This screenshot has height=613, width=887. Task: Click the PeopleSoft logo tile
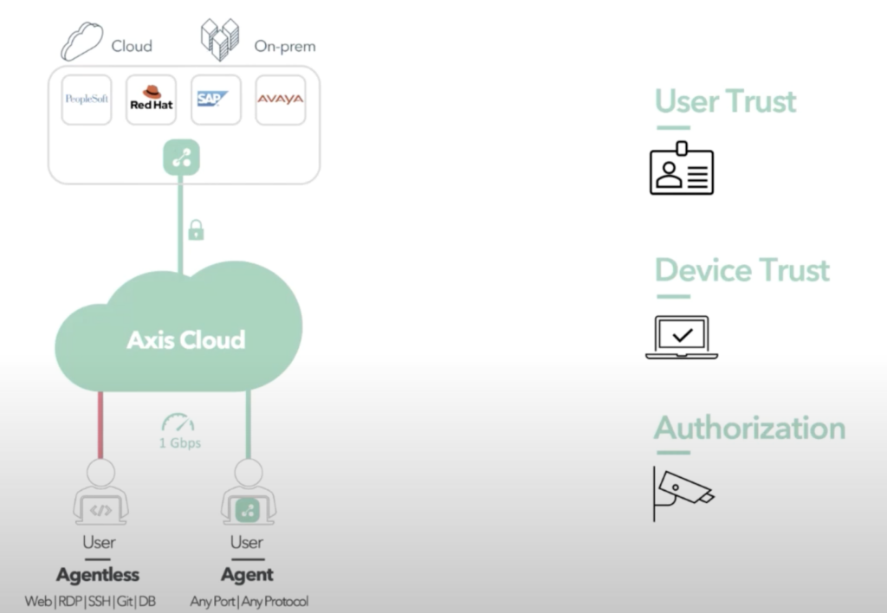click(x=87, y=100)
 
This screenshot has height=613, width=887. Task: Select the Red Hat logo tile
click(x=151, y=100)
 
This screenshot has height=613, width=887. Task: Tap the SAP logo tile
click(x=216, y=100)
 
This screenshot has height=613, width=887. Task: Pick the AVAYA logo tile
click(x=280, y=100)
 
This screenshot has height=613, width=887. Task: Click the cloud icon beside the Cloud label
click(x=82, y=42)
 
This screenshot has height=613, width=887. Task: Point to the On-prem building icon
click(x=220, y=40)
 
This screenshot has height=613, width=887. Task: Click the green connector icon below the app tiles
click(x=181, y=158)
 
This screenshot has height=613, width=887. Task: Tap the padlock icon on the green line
click(x=196, y=229)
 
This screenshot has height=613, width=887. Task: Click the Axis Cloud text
click(x=185, y=339)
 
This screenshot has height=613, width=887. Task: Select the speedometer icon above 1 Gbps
click(x=178, y=423)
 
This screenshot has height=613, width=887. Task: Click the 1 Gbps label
click(x=179, y=443)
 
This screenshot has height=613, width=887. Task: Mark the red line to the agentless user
click(x=100, y=424)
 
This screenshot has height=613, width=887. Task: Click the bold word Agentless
click(x=98, y=575)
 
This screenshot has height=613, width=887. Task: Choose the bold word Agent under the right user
click(x=247, y=575)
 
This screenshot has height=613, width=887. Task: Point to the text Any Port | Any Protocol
click(x=249, y=601)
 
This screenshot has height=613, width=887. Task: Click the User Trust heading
click(x=725, y=101)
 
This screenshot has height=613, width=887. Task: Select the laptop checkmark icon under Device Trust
click(x=682, y=337)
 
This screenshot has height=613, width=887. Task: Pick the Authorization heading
click(x=749, y=428)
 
